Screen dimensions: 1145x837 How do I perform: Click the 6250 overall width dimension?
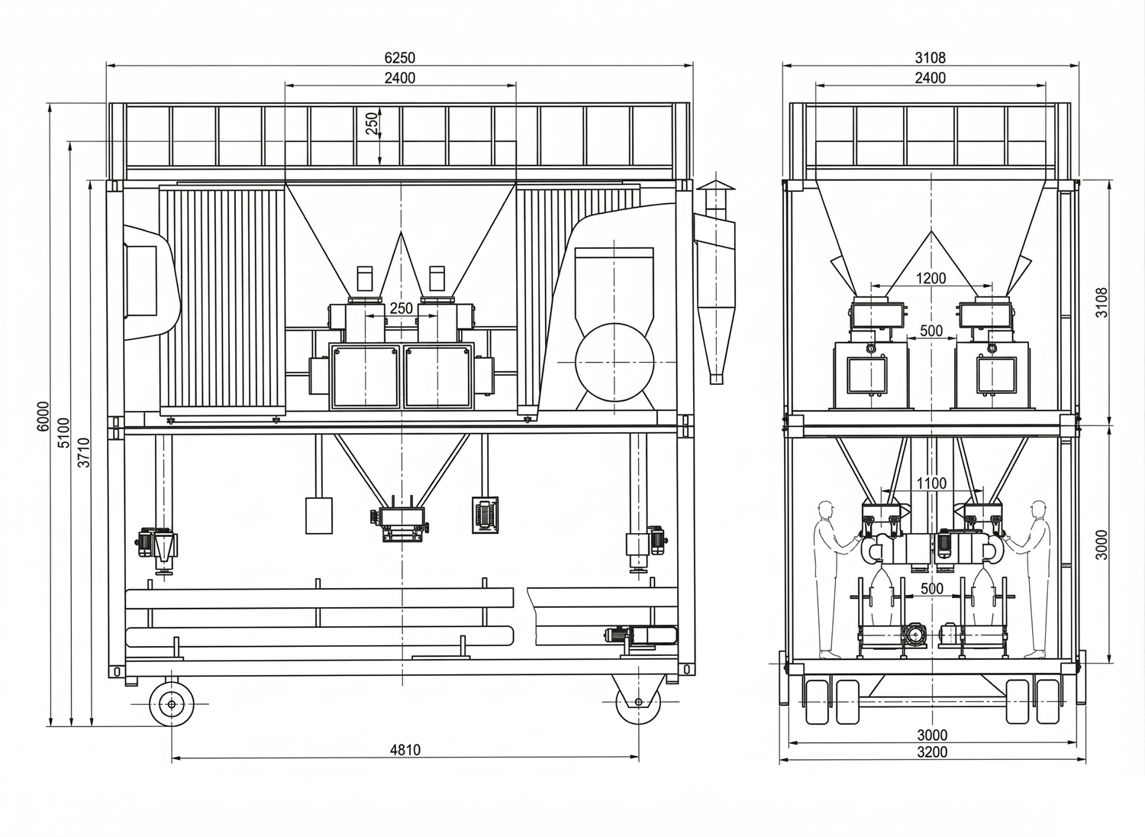tap(400, 57)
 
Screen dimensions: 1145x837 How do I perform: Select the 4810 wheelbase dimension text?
tap(405, 750)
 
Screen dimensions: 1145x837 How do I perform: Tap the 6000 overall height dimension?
tap(43, 415)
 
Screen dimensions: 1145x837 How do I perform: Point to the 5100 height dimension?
tap(64, 432)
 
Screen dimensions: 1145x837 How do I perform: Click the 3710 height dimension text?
tap(84, 453)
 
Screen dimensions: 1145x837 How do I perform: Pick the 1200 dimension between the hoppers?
tap(931, 278)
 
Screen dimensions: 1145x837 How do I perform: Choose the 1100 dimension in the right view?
tap(931, 483)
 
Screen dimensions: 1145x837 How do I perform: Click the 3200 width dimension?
tap(932, 752)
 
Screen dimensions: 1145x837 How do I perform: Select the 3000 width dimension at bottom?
tap(932, 735)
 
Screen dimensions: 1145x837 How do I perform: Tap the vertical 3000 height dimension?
tap(1102, 545)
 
